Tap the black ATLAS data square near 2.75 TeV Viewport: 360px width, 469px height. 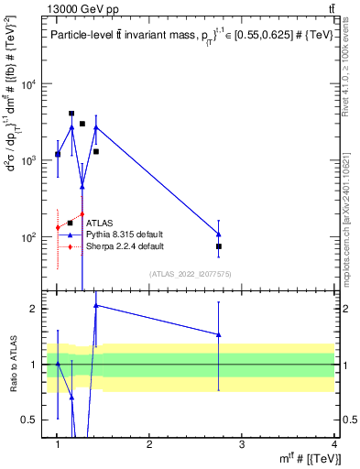219,246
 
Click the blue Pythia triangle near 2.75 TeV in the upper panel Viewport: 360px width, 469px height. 219,234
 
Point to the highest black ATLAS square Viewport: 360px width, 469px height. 71,114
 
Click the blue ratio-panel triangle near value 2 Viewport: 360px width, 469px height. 96,305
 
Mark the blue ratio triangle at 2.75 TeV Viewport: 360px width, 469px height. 219,334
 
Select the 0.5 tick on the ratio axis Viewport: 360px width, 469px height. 36,420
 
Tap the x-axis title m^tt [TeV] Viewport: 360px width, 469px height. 310,458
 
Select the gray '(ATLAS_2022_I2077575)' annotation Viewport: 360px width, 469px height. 190,274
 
